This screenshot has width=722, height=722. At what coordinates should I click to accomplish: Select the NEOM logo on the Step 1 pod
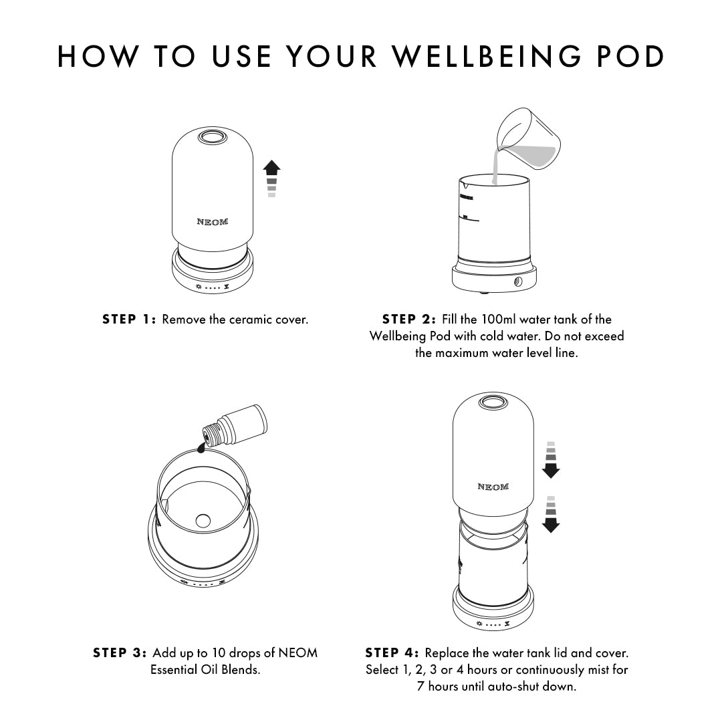pyautogui.click(x=212, y=222)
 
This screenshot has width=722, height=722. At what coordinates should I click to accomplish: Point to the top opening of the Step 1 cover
pyautogui.click(x=212, y=138)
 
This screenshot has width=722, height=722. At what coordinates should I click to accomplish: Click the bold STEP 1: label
pyautogui.click(x=129, y=320)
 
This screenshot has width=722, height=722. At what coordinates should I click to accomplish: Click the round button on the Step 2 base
pyautogui.click(x=518, y=283)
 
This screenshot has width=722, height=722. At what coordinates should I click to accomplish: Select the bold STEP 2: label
pyautogui.click(x=409, y=320)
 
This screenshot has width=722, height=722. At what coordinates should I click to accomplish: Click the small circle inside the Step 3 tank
pyautogui.click(x=203, y=519)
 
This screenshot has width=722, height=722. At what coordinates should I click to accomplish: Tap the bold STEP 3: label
pyautogui.click(x=120, y=652)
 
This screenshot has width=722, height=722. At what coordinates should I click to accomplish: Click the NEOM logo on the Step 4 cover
pyautogui.click(x=493, y=487)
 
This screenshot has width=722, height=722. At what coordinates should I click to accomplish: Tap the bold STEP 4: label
pyautogui.click(x=392, y=652)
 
